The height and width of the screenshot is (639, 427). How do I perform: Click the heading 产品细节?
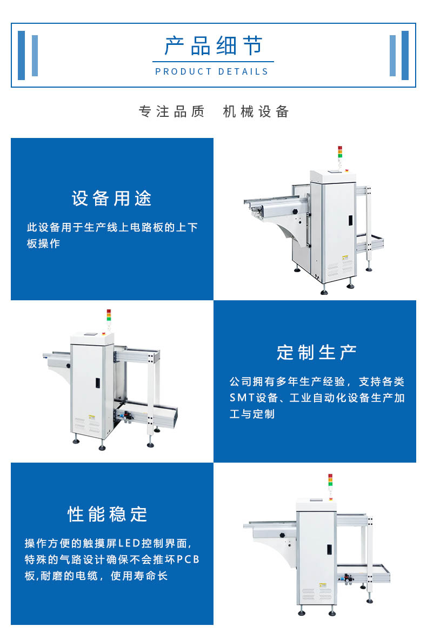[213, 45]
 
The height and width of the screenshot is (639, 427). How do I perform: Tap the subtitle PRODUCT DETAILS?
[212, 72]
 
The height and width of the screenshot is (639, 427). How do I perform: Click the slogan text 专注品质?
[171, 111]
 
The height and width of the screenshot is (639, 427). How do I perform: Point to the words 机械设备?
[256, 111]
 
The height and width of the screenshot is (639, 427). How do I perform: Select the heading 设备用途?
[111, 199]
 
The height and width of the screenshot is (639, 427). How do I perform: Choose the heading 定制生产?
[317, 353]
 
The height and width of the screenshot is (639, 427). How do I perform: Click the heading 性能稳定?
[108, 515]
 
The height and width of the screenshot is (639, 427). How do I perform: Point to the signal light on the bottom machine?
[330, 481]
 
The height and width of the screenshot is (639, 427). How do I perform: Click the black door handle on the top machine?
[350, 220]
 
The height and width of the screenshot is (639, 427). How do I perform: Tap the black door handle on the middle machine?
[98, 383]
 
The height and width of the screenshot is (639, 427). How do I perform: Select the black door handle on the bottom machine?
[329, 549]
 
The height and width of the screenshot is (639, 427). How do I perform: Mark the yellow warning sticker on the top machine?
[345, 258]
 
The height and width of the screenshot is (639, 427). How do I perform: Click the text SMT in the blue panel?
[242, 398]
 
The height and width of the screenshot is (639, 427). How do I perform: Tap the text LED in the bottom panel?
[129, 543]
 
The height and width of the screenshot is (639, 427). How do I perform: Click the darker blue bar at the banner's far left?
[22, 55]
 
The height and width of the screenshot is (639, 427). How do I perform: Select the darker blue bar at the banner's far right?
[405, 55]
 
